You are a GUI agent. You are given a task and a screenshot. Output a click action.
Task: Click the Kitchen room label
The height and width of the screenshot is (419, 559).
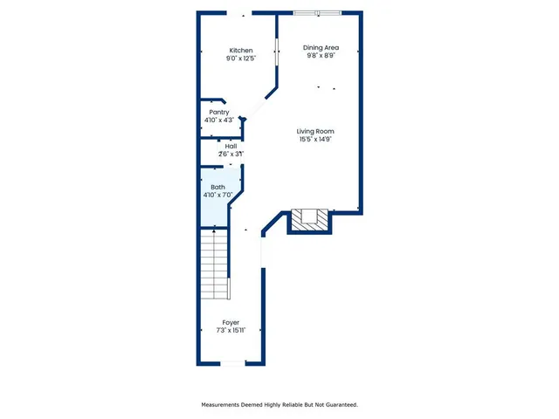point(241,50)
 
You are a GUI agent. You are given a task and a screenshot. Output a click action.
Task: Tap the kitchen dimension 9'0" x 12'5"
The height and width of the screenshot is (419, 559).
point(241,58)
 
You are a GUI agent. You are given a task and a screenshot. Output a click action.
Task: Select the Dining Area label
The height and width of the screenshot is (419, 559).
point(321,47)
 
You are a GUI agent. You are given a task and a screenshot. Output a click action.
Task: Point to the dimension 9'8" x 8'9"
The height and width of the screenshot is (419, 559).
point(321,56)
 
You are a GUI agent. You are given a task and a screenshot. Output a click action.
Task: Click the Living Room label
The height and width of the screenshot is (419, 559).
point(315,131)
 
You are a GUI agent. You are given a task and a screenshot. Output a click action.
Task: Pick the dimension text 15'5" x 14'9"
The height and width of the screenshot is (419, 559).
point(315,140)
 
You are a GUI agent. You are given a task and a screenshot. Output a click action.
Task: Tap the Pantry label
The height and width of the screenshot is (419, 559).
point(219,112)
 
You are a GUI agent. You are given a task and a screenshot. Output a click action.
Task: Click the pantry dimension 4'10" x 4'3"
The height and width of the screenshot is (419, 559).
point(219,120)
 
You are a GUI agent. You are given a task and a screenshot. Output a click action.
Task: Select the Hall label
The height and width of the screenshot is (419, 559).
point(231,146)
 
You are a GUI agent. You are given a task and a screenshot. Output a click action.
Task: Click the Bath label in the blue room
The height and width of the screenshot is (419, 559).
point(217,187)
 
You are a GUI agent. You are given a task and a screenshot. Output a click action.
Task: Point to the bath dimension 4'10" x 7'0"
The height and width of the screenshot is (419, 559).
point(217,196)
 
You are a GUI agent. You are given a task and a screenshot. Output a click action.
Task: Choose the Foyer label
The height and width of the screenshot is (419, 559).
point(231,322)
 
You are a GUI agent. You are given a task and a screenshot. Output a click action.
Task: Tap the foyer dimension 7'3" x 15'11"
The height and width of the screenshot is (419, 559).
point(231,331)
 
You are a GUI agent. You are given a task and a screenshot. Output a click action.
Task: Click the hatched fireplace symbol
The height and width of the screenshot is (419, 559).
point(311,219)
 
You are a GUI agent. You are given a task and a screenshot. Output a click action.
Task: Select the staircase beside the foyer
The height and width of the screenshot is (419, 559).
point(214,265)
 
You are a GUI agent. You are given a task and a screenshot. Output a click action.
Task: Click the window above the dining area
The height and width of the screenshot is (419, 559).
point(318,12)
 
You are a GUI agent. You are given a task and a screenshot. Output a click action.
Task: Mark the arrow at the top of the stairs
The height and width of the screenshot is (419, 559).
point(214,230)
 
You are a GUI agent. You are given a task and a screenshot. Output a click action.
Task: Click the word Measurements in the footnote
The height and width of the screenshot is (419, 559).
point(224,404)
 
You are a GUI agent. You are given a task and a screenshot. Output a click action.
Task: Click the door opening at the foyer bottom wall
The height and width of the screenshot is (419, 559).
point(232,363)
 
